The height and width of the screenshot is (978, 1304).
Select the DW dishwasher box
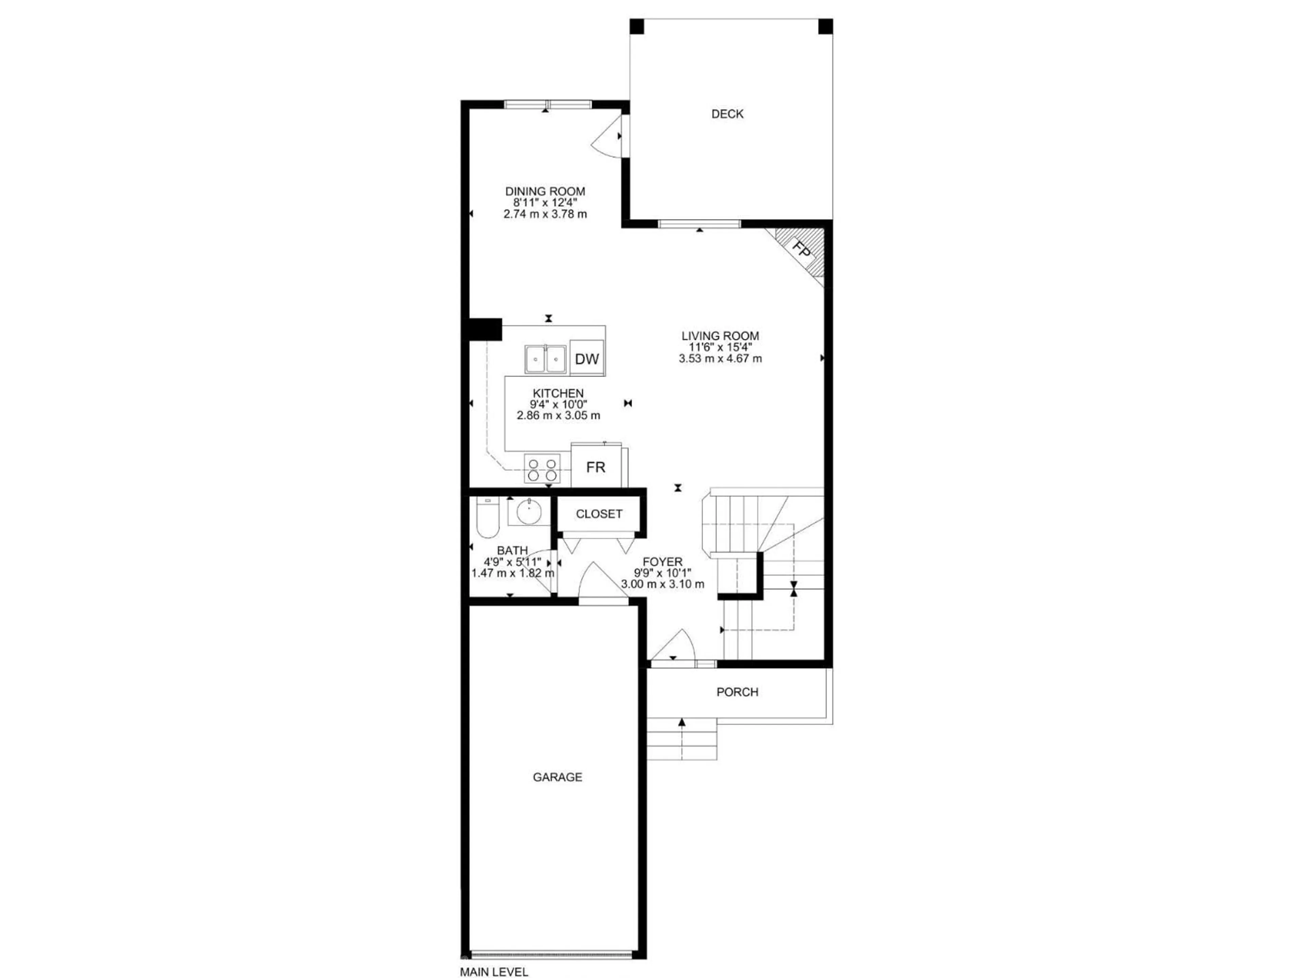click(586, 358)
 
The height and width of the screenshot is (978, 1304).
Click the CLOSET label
click(599, 514)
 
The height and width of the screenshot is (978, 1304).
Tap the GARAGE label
click(557, 777)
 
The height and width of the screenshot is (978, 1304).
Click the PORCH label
click(737, 692)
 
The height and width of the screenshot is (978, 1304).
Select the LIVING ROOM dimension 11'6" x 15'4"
click(720, 347)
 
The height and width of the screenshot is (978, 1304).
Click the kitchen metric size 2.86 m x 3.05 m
click(558, 416)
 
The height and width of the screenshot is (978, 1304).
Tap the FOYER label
click(662, 562)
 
